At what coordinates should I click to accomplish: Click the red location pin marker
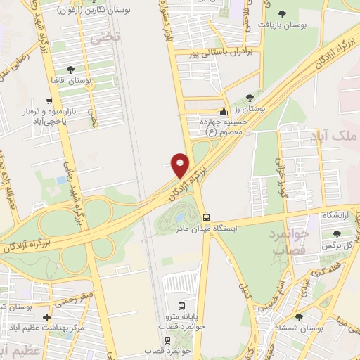click(x=181, y=164)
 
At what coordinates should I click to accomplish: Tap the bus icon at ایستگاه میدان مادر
click(x=206, y=217)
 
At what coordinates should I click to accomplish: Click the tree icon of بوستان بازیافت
click(x=283, y=13)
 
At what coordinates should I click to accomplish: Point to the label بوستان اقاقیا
click(x=70, y=82)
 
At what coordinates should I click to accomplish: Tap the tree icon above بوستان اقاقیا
click(x=70, y=70)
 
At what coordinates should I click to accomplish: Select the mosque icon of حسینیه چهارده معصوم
click(x=224, y=111)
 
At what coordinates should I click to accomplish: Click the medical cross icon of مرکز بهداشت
click(x=47, y=318)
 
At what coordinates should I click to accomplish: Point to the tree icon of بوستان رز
click(x=250, y=98)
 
